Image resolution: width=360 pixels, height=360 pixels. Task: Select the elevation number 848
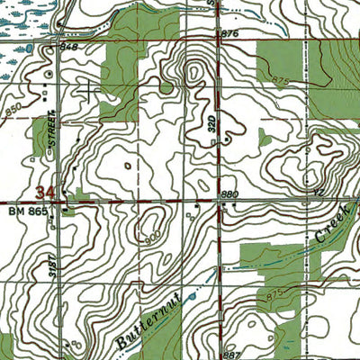point(68,45)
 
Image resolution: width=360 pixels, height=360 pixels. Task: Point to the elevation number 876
point(228,33)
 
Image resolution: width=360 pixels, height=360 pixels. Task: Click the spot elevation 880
point(230,194)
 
